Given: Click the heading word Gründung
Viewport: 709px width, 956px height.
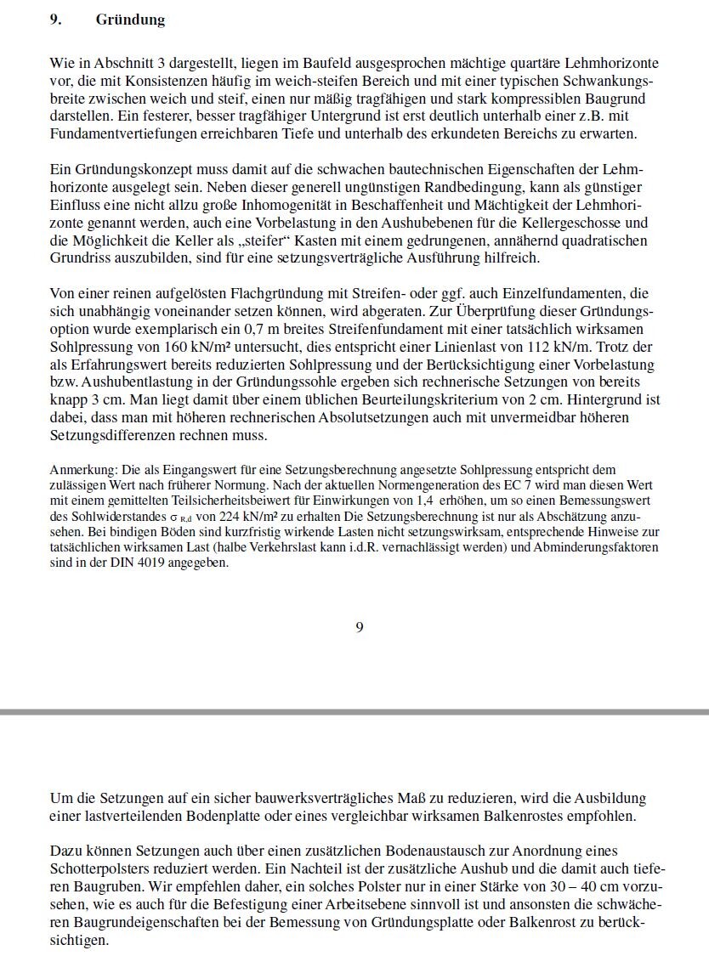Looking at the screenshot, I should [130, 20].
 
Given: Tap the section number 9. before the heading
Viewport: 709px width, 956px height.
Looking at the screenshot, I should [56, 20].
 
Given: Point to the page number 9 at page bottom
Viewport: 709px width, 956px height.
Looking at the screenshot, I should [360, 627].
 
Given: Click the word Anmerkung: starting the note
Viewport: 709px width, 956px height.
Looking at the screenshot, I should [83, 470].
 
